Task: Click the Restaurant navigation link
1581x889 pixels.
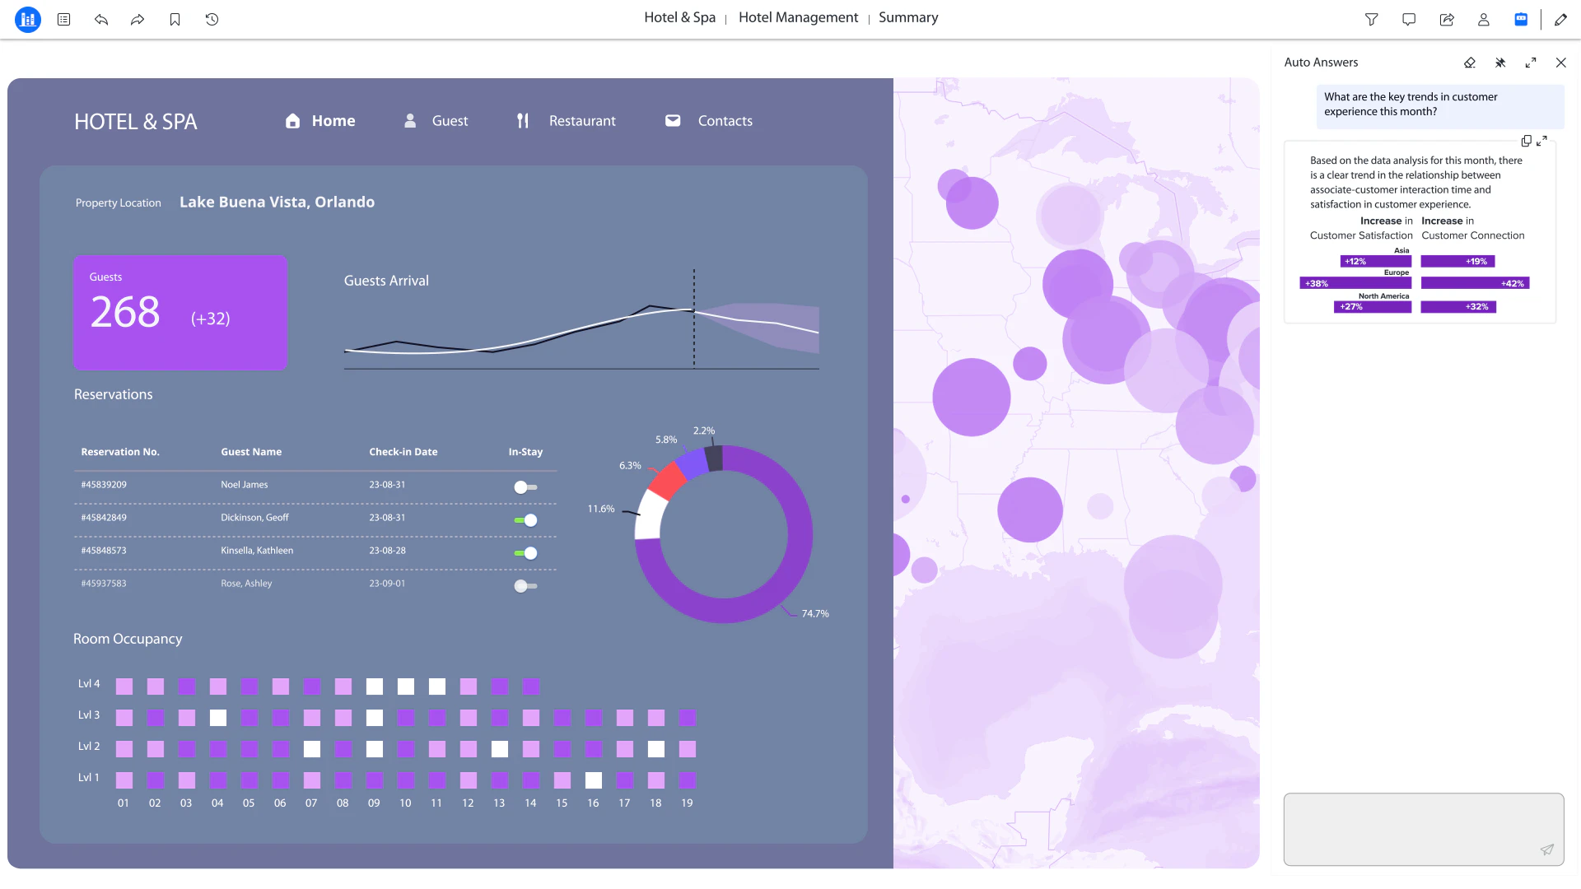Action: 581,121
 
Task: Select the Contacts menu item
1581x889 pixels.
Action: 725,121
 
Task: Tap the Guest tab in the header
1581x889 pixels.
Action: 450,121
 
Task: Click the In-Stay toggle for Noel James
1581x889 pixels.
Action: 525,487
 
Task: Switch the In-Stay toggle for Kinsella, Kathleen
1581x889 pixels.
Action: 525,553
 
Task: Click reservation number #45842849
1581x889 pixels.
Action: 104,518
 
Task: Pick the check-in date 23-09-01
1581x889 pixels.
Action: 387,584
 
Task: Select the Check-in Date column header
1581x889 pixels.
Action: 403,452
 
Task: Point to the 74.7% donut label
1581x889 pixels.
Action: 815,614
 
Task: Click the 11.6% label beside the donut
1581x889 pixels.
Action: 601,509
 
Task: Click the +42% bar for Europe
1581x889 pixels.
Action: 1475,283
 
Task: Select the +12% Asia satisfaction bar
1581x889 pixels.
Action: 1375,262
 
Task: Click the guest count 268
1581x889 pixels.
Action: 125,313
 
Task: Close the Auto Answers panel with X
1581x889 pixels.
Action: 1560,63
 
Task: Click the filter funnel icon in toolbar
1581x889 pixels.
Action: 1371,20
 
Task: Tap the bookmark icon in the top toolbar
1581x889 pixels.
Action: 175,20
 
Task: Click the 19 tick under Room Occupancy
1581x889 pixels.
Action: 687,803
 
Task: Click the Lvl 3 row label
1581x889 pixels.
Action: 89,715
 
